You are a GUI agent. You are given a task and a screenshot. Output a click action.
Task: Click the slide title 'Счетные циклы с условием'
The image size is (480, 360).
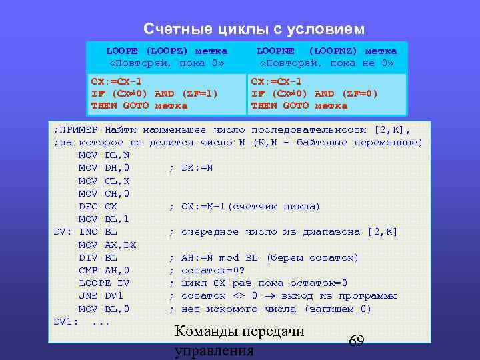tap(254, 29)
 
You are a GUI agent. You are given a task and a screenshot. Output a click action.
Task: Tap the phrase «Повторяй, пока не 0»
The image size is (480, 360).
tap(327, 63)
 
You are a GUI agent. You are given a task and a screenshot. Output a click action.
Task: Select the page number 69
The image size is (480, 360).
tap(356, 341)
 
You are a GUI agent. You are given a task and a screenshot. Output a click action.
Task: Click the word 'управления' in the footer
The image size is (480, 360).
tap(213, 351)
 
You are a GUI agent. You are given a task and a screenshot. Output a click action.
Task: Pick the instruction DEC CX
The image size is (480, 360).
tap(98, 206)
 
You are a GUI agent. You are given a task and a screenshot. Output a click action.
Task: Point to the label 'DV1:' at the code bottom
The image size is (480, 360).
tap(66, 322)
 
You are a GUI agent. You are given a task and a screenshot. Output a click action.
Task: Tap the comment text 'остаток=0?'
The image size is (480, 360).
tap(211, 271)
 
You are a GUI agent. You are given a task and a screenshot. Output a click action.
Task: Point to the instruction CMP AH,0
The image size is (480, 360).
tap(104, 271)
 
